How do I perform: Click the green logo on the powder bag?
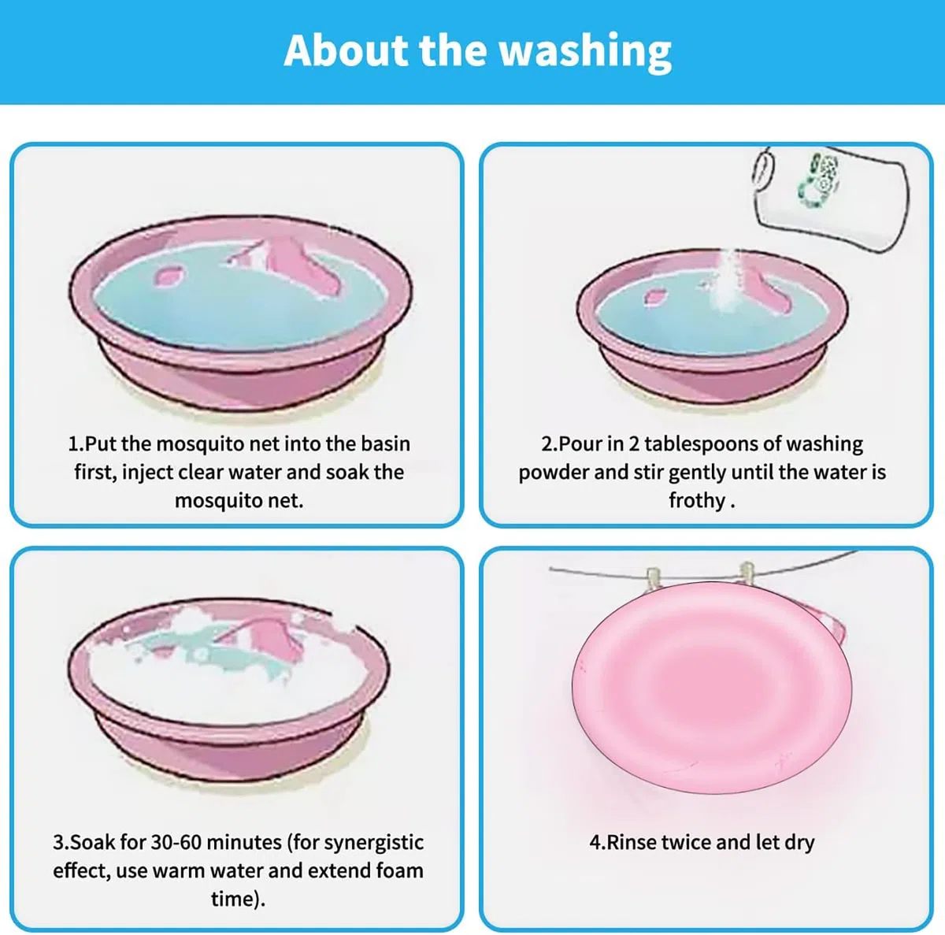tap(818, 182)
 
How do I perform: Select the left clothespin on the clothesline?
tap(653, 577)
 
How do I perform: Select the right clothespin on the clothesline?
tap(747, 572)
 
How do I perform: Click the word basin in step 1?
tap(385, 443)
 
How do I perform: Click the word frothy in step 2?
tap(697, 501)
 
